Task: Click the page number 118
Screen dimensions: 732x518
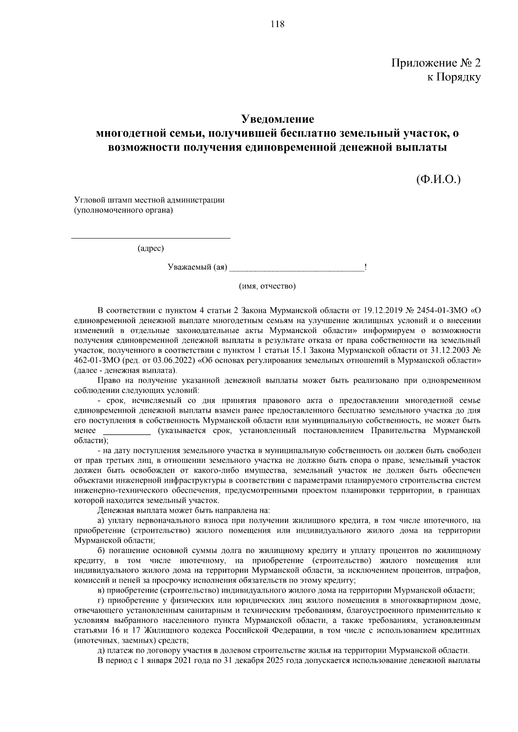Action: (277, 24)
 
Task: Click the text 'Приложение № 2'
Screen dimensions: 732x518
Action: (436, 63)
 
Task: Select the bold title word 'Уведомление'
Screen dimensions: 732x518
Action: (277, 119)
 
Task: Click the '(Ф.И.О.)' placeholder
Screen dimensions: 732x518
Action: (439, 179)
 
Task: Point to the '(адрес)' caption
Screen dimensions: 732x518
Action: (151, 248)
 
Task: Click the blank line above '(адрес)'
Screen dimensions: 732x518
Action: (151, 237)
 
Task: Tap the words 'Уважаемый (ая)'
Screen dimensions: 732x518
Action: (197, 267)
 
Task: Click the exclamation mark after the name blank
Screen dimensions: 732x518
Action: (366, 267)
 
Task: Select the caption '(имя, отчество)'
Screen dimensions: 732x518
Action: (268, 286)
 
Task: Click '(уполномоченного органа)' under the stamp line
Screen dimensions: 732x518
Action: (123, 210)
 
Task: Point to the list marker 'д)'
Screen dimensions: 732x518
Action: (102, 651)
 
